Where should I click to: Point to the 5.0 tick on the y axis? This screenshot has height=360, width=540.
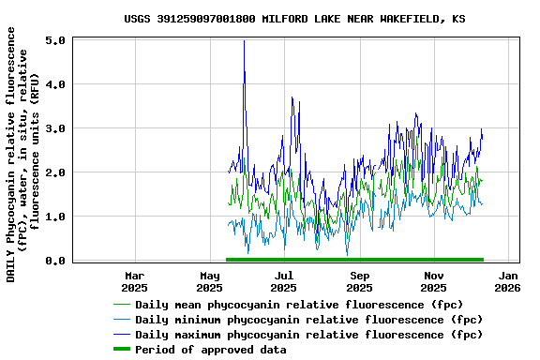[54, 41]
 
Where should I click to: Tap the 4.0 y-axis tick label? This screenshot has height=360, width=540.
[54, 84]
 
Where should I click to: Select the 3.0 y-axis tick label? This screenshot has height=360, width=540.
[54, 128]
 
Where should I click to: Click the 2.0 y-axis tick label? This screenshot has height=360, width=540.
[54, 172]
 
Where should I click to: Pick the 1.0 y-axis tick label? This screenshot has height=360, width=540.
[54, 217]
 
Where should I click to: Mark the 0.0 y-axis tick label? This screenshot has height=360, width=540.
[54, 261]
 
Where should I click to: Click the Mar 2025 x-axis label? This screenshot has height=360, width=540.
[134, 281]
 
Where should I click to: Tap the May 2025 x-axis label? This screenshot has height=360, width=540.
[210, 281]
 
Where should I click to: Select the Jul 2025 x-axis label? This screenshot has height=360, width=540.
[284, 281]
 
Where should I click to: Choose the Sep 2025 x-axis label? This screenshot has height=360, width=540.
[360, 281]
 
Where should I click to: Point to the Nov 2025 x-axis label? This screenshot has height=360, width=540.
[434, 281]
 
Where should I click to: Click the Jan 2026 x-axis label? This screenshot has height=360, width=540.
[508, 281]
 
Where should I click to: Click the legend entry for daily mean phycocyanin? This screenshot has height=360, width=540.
[299, 305]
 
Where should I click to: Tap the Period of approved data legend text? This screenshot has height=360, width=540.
[211, 350]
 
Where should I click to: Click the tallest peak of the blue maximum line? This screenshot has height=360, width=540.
[244, 41]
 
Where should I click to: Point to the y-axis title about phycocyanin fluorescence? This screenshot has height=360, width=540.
[23, 154]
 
